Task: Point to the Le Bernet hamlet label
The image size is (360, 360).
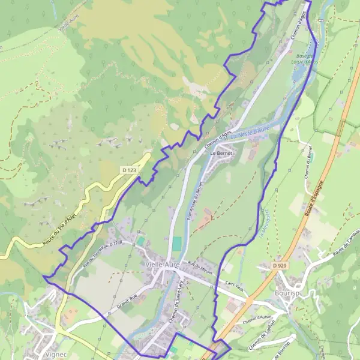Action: [x=220, y=153]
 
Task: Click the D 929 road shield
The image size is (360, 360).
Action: [x=278, y=265]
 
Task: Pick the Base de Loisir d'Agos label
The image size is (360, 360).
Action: [x=306, y=59]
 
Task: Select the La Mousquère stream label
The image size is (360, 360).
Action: [x=263, y=222]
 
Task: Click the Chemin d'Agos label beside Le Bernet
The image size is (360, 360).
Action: [x=218, y=139]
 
